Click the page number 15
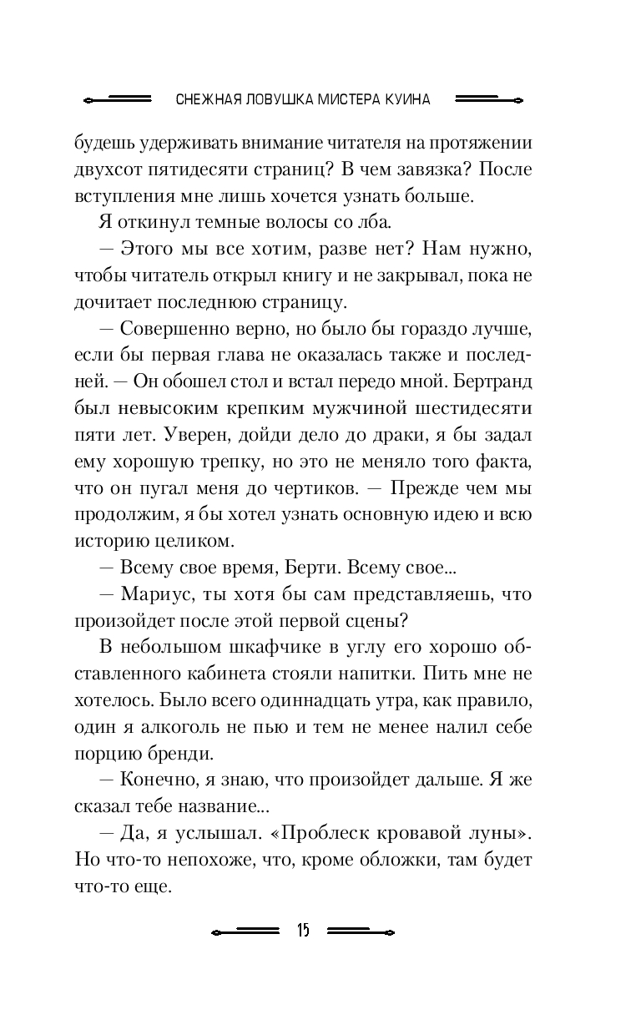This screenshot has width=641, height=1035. click(x=302, y=931)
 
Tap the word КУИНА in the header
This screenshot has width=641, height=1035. click(x=408, y=99)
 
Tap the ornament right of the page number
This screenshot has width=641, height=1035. click(x=361, y=931)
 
